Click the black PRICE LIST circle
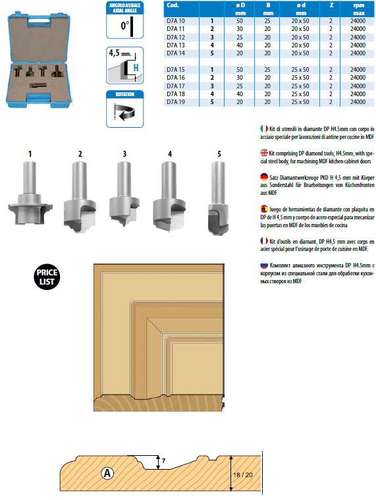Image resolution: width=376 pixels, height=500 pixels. (x=47, y=277)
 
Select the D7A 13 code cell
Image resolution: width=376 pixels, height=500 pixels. (x=176, y=45)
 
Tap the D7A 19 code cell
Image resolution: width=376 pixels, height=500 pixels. (x=176, y=102)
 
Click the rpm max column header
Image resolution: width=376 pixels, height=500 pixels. (x=359, y=9)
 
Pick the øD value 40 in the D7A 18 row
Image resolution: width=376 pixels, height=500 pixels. (x=240, y=94)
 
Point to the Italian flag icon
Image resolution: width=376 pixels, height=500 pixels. (x=264, y=128)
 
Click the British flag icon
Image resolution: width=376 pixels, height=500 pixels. (x=264, y=153)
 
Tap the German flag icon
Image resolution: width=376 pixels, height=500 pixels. (x=264, y=177)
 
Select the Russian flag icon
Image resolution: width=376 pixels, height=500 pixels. (x=264, y=265)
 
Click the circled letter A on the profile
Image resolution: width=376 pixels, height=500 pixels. (x=107, y=473)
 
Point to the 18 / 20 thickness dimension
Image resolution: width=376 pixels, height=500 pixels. (x=242, y=474)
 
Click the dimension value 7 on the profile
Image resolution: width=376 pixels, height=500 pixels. (x=163, y=460)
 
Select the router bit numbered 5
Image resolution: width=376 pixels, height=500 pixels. (x=218, y=198)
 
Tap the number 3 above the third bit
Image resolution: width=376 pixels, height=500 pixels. (x=124, y=154)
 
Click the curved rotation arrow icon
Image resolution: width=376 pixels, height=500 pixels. (x=124, y=112)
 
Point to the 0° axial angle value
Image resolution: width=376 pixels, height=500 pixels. (x=125, y=25)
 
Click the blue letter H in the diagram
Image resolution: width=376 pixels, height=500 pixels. (x=136, y=68)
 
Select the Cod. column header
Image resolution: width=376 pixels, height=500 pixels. (x=173, y=5)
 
